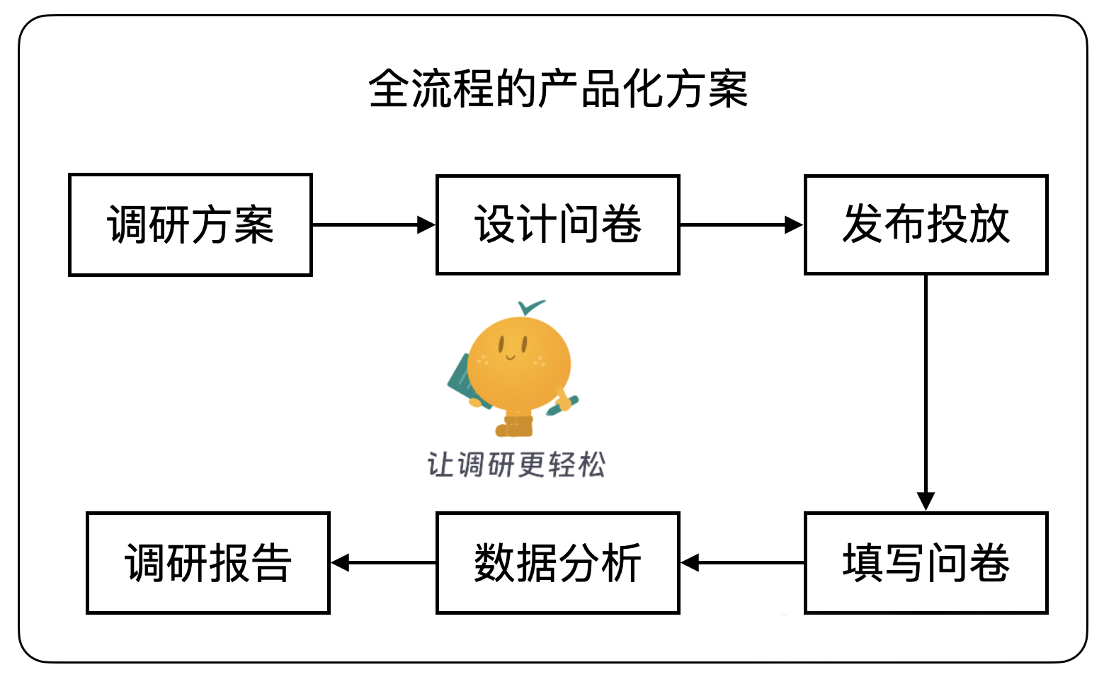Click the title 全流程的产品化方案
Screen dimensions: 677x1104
(x=558, y=89)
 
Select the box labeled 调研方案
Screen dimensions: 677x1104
(x=190, y=224)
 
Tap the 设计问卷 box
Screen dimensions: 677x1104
(x=558, y=224)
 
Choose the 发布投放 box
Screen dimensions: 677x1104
(x=926, y=224)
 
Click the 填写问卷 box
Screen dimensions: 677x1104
(x=926, y=563)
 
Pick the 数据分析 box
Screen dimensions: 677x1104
(x=558, y=563)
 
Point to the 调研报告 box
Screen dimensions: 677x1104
(x=208, y=563)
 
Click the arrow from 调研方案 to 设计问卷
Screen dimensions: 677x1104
(x=373, y=225)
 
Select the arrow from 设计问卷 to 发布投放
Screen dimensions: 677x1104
(x=741, y=225)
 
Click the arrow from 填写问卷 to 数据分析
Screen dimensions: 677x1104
(x=741, y=563)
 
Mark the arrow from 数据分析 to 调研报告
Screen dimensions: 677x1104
(x=383, y=563)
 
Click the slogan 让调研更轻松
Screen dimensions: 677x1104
(x=516, y=465)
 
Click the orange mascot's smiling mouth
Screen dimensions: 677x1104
(x=511, y=357)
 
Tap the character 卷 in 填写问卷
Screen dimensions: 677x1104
(x=989, y=563)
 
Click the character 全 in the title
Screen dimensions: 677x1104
(x=389, y=89)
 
